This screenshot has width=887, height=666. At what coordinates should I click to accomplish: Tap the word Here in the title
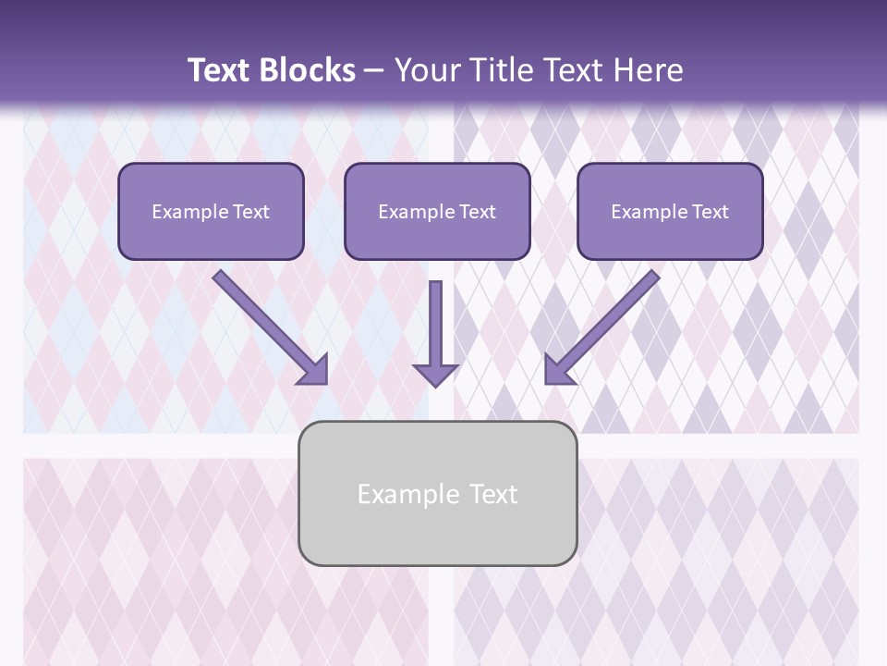[647, 70]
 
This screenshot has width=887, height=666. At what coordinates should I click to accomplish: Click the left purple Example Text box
[211, 211]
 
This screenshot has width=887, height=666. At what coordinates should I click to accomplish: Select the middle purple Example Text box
[437, 211]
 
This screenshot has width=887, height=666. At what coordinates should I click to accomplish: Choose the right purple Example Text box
[670, 211]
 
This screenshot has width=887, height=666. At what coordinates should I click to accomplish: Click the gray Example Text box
[437, 493]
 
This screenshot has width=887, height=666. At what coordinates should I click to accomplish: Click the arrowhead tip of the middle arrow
[435, 383]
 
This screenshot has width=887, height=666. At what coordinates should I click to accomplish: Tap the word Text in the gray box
[494, 494]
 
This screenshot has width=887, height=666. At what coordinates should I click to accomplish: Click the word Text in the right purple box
[710, 212]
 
